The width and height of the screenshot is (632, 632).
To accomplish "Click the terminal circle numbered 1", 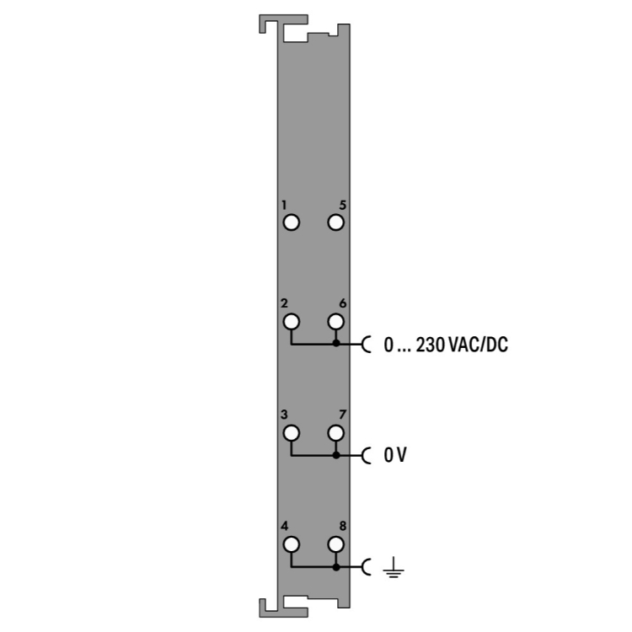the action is (x=292, y=222).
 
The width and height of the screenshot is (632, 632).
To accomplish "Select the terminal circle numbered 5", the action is (x=335, y=222).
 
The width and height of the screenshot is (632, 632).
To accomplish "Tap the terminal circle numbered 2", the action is (x=292, y=322).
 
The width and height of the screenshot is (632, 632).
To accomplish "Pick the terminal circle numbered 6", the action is (x=335, y=322).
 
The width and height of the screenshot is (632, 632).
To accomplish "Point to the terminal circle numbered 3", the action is (x=292, y=433).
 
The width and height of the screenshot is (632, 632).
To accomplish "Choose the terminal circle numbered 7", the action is (x=335, y=433).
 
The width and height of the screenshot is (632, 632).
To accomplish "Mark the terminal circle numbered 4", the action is (x=292, y=544).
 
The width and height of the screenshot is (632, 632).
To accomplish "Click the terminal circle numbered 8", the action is (x=335, y=544).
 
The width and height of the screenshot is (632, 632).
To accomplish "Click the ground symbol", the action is (x=394, y=567).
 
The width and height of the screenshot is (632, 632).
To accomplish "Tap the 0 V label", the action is (x=395, y=455).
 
